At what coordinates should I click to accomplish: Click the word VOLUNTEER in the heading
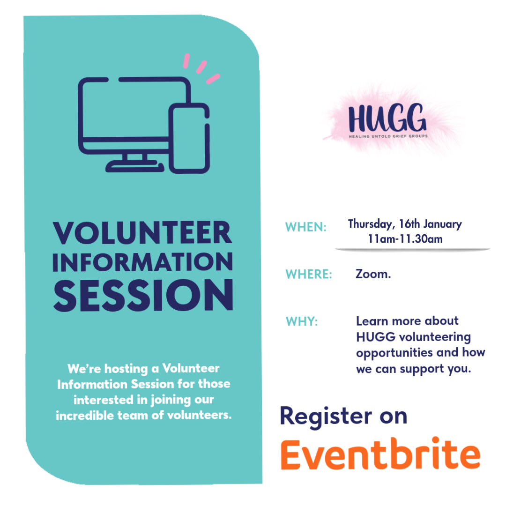tap(142, 233)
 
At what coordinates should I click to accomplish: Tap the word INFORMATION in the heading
tap(142, 262)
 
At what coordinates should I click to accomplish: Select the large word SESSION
tap(143, 296)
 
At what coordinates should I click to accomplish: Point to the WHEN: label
tap(306, 227)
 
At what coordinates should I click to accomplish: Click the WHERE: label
tap(309, 274)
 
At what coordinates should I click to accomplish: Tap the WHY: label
tap(302, 322)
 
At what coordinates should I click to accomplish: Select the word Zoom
tap(373, 274)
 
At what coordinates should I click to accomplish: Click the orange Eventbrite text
tap(380, 454)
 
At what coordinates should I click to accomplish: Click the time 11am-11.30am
tap(405, 239)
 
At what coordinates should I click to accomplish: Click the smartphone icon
tap(189, 138)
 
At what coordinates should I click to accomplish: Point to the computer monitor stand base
tap(135, 166)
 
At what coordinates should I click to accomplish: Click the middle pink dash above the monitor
tap(201, 67)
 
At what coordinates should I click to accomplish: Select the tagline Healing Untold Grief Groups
tap(388, 136)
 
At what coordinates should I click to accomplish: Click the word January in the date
tap(442, 224)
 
